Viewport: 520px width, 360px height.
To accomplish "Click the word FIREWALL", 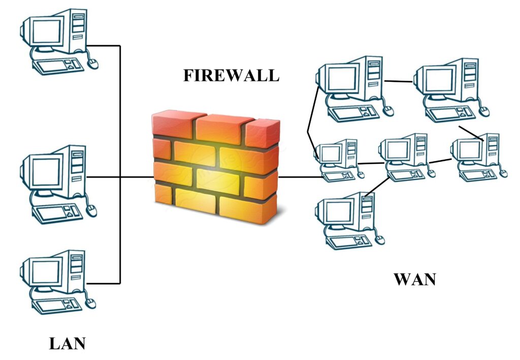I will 231,75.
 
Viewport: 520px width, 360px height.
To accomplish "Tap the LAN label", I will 68,344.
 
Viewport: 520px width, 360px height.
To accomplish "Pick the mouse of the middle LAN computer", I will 91,210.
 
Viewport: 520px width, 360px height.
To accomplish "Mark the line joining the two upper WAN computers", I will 399,81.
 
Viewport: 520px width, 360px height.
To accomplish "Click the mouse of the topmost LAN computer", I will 92,62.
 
